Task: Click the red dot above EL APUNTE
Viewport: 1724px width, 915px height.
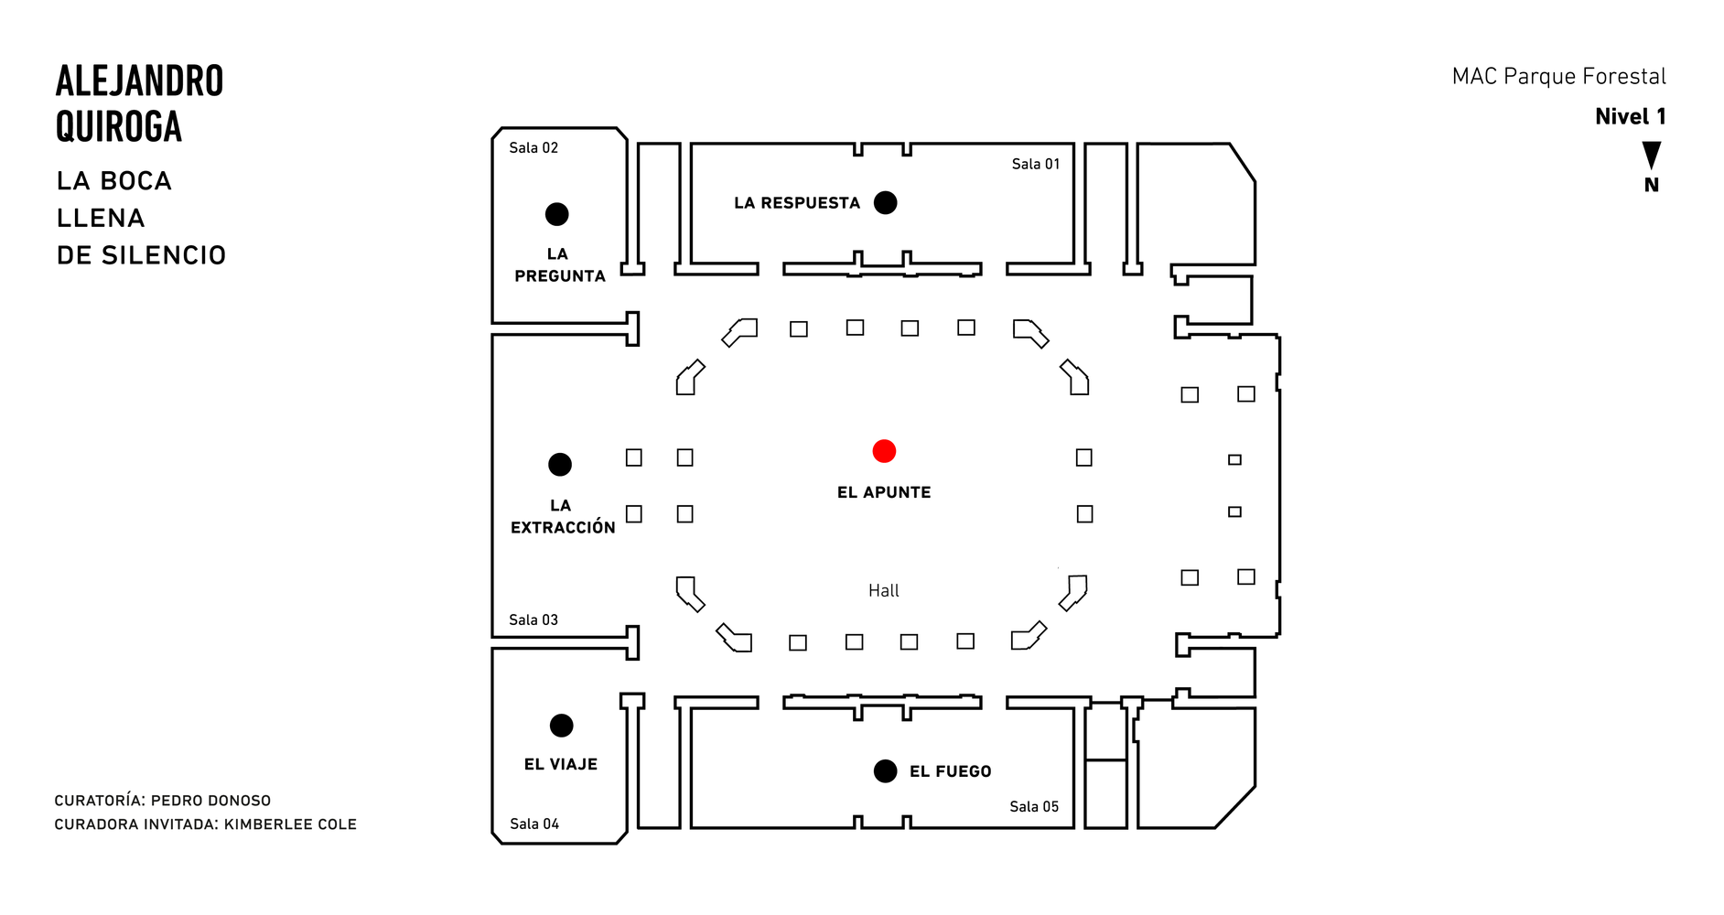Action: (884, 451)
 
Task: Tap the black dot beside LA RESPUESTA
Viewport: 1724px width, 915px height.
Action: (885, 202)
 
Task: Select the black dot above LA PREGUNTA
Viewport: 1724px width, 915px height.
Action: (556, 214)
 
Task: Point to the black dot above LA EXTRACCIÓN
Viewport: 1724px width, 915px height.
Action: (560, 464)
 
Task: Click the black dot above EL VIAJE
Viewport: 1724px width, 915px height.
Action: (561, 726)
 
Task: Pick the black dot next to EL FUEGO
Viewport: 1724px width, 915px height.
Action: (885, 771)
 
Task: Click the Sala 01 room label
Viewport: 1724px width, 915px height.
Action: (1035, 164)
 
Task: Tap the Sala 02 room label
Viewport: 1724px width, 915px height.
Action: (533, 147)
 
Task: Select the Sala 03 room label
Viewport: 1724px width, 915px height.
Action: (533, 619)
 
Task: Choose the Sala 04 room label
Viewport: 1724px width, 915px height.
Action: (534, 823)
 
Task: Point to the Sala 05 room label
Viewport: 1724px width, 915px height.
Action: (1034, 806)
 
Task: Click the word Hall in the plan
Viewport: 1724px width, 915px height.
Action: (884, 590)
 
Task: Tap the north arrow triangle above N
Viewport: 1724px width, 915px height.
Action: (1652, 154)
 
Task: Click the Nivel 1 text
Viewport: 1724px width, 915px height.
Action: (1630, 116)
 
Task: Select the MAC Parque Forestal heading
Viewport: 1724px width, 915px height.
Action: (1558, 76)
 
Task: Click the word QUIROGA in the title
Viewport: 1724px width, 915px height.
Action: (119, 126)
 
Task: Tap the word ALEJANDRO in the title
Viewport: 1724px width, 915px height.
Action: (139, 81)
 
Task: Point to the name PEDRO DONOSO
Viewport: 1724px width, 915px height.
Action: (210, 801)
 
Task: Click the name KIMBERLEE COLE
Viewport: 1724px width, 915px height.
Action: (290, 824)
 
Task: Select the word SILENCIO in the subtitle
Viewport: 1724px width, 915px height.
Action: (164, 255)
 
